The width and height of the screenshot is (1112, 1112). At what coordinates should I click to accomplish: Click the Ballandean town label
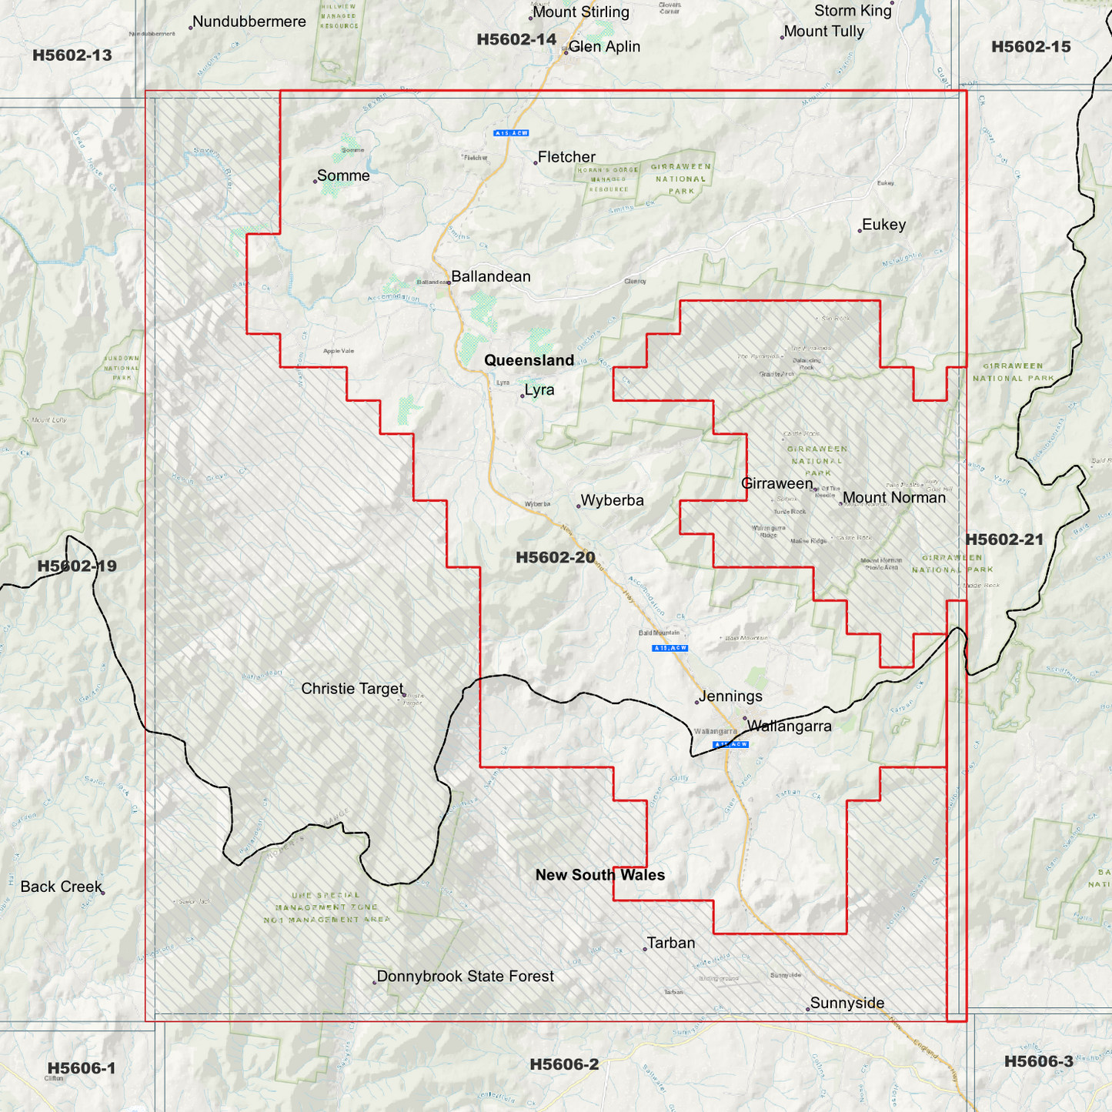[490, 276]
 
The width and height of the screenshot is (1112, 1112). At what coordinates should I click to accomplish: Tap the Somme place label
[343, 176]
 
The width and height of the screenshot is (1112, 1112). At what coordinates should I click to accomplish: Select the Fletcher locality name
[566, 157]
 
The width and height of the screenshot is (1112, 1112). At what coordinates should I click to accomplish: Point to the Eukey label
[883, 225]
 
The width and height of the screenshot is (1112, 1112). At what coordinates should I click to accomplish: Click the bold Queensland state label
[529, 360]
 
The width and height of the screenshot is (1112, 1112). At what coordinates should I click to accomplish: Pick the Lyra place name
[539, 390]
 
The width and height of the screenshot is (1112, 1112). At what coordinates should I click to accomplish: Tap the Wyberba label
[612, 501]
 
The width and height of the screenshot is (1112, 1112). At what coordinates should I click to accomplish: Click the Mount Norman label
[893, 498]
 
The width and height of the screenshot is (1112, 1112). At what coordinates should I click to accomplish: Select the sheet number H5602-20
[555, 557]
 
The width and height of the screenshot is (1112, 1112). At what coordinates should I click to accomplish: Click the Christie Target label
[352, 689]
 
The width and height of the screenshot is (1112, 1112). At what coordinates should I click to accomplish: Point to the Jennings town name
[730, 696]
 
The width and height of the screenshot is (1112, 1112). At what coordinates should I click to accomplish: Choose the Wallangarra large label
[789, 726]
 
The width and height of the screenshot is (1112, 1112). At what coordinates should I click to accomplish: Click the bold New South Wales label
[599, 875]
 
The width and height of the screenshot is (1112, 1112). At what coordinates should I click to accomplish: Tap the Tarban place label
[670, 943]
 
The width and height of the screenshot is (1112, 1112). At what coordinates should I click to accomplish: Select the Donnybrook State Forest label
[465, 977]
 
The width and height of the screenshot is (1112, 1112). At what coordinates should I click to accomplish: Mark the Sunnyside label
[847, 1003]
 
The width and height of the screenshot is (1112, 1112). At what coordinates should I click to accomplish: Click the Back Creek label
[61, 887]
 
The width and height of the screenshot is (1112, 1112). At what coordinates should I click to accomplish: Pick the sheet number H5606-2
[563, 1064]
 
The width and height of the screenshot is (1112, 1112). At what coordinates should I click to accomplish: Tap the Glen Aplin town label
[604, 47]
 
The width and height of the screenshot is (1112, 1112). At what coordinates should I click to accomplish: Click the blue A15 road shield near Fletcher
[511, 133]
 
